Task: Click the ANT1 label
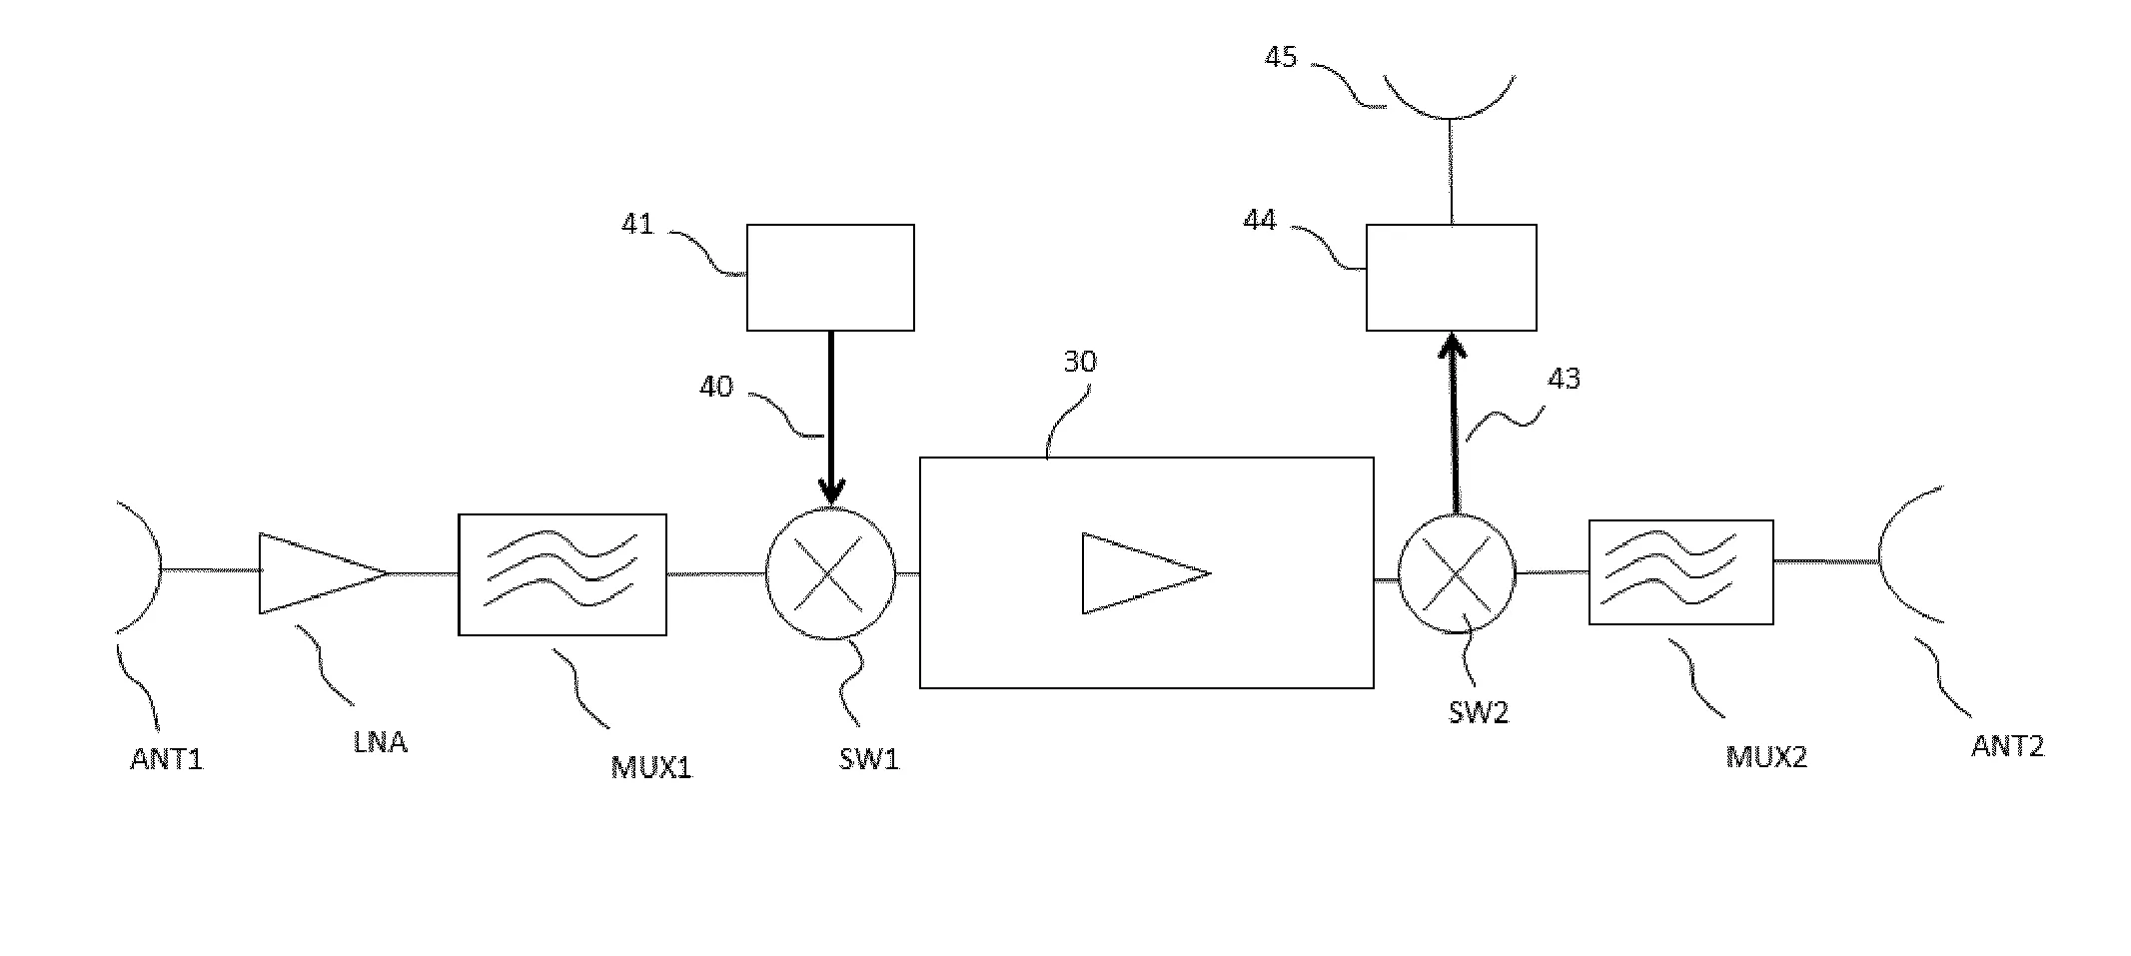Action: pos(166,759)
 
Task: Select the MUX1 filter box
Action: pos(561,574)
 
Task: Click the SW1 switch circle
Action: pos(830,573)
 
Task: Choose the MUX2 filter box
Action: pos(1680,572)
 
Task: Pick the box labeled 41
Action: pos(830,278)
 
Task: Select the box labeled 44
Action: pos(1451,278)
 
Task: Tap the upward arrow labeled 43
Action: pos(1454,420)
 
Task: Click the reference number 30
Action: pos(1079,362)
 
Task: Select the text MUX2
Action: pos(1766,757)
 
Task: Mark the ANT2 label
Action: pos(2007,746)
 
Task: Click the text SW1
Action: pos(868,759)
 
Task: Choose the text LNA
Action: pos(380,742)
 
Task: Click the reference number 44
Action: pos(1259,220)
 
